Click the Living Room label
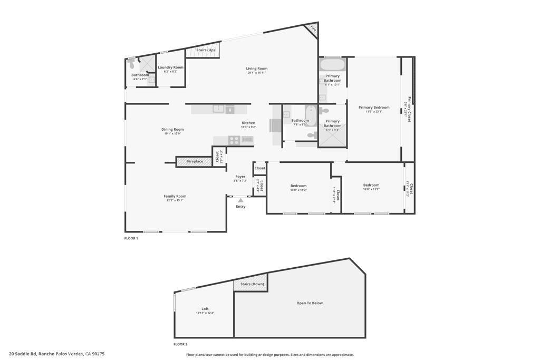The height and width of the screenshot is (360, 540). pyautogui.click(x=257, y=69)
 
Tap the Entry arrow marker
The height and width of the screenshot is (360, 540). pyautogui.click(x=240, y=200)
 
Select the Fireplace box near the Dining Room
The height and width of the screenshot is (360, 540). pyautogui.click(x=195, y=161)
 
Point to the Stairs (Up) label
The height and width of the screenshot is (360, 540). pyautogui.click(x=205, y=50)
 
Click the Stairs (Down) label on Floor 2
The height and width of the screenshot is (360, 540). pyautogui.click(x=252, y=284)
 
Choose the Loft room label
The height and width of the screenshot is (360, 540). pyautogui.click(x=205, y=309)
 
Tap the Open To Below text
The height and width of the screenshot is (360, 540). pyautogui.click(x=310, y=303)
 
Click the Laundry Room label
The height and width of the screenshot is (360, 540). pyautogui.click(x=171, y=67)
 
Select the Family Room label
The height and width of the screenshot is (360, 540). pyautogui.click(x=175, y=196)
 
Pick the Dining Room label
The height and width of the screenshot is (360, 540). pyautogui.click(x=172, y=129)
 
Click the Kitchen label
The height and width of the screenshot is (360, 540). pyautogui.click(x=248, y=123)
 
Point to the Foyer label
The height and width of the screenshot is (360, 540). pyautogui.click(x=240, y=177)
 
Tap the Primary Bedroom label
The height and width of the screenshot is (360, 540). pyautogui.click(x=374, y=108)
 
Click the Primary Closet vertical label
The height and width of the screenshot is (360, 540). pyautogui.click(x=409, y=109)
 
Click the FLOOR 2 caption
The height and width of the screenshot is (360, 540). pyautogui.click(x=180, y=344)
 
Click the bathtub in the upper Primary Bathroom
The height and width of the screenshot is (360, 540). pyautogui.click(x=333, y=65)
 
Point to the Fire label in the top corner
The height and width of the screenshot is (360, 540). pyautogui.click(x=313, y=28)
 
